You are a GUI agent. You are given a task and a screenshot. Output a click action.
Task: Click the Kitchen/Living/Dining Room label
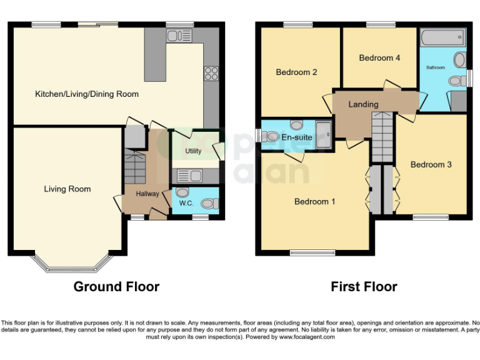click(87, 94)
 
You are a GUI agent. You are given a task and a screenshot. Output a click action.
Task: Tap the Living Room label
click(67, 189)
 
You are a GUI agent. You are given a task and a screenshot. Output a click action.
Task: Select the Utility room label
click(193, 152)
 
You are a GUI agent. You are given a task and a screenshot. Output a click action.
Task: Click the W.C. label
click(186, 202)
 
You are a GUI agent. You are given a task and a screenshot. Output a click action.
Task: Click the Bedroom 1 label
click(315, 201)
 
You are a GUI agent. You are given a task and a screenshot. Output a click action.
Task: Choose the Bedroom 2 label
click(296, 72)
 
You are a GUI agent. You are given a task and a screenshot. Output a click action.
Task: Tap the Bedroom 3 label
click(431, 164)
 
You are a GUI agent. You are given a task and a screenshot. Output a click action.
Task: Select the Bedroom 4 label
click(379, 58)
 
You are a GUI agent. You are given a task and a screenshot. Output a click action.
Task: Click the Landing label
click(363, 104)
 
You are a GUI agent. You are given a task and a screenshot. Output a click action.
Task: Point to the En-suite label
click(297, 137)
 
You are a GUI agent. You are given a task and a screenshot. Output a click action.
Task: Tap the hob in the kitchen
click(211, 73)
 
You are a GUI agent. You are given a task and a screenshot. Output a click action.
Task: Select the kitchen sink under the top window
click(179, 36)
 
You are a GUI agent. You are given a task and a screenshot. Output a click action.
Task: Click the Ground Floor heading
click(116, 287)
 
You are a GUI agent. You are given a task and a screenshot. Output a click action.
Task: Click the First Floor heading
click(364, 287)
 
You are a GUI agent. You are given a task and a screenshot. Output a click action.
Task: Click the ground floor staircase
click(134, 167)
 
